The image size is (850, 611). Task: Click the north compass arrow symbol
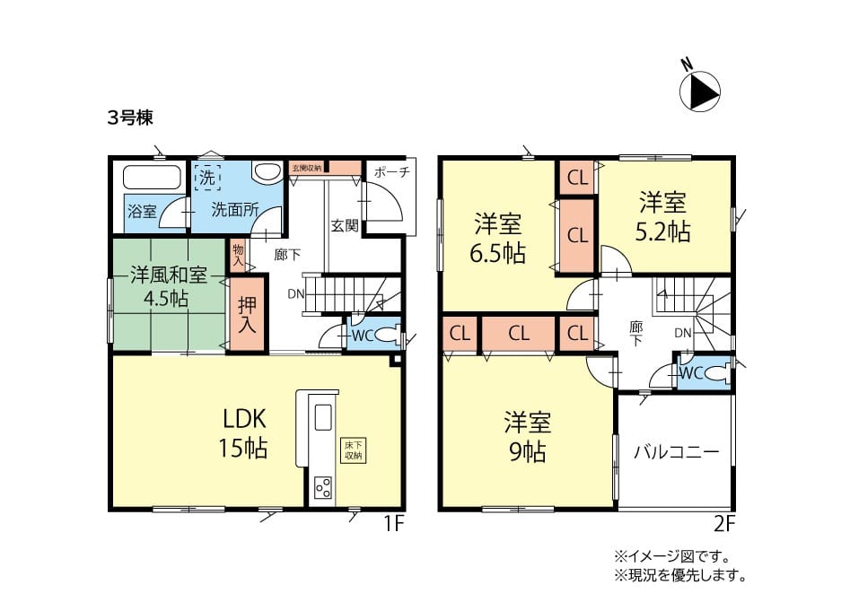pos(700,92)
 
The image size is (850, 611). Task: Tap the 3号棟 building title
pos(130,118)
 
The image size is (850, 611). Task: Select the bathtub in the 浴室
pos(152,177)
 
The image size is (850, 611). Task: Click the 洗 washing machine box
pos(207,178)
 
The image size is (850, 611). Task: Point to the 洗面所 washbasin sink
pos(266,171)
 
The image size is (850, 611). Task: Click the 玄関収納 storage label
pos(307,168)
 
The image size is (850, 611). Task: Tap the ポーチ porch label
pos(391,172)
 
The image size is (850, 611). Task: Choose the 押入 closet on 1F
pos(247,314)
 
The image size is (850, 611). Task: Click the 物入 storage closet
pos(238,256)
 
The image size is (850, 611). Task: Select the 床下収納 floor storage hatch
pos(353,450)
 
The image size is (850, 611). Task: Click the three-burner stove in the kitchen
pos(323,487)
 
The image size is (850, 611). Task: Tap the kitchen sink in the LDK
pos(323,417)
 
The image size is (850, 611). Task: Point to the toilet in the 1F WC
pos(388,336)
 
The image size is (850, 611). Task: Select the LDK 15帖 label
pos(243,433)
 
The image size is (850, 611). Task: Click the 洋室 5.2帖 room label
pos(662,217)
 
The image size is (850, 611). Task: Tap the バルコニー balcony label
pos(677,452)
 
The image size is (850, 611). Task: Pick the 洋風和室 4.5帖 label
pos(168,286)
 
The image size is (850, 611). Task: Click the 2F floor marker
pos(724,524)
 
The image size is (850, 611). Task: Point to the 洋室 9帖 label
pos(528,437)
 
